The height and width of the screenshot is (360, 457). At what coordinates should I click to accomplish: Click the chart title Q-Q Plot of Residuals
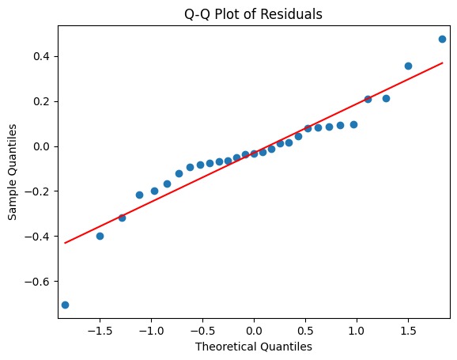tap(254, 11)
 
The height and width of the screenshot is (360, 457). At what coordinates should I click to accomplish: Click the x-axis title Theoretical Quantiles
tap(254, 347)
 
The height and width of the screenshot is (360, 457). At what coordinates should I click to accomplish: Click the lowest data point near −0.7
tap(65, 305)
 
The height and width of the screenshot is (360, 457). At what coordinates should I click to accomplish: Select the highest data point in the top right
tap(442, 39)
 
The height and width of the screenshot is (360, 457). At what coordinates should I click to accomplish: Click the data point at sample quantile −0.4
tap(100, 236)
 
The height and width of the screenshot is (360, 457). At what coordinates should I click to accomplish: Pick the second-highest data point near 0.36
tap(408, 66)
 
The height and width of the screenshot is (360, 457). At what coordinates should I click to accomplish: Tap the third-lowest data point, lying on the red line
tap(122, 218)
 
